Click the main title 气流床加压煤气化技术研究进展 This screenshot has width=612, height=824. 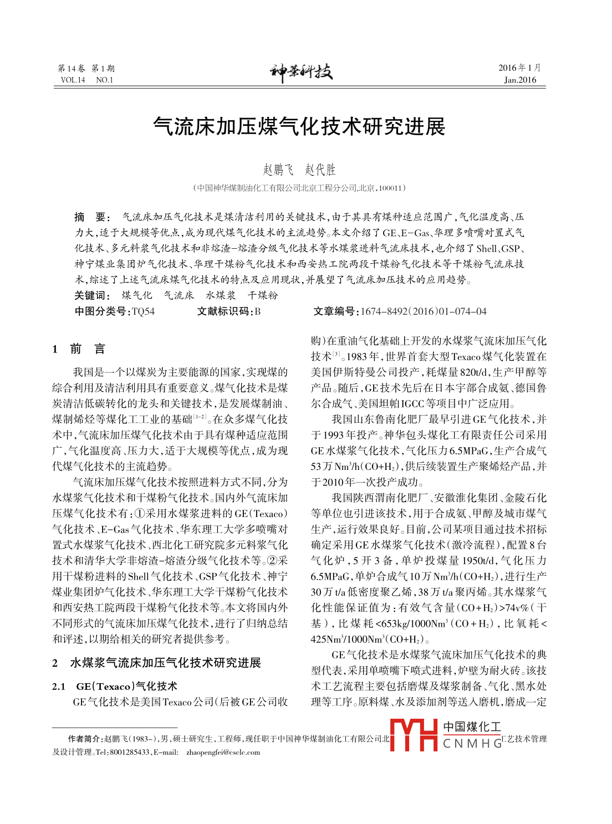coord(299,127)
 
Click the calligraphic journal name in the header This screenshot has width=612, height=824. coord(302,72)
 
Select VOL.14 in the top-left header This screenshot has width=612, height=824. coord(73,80)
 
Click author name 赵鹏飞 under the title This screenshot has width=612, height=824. coord(278,170)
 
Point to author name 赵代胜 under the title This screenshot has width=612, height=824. coord(320,170)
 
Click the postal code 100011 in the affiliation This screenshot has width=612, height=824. coord(390,188)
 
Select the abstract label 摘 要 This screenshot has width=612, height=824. coord(93,217)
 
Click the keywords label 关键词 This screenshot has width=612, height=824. coord(92,295)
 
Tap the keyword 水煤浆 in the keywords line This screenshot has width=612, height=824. coord(221,295)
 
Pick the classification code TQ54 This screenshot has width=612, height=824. coord(143,311)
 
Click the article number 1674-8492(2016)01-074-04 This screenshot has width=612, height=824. coord(423,311)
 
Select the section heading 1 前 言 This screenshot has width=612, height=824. coord(78,349)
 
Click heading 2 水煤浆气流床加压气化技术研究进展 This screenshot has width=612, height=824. coord(156,663)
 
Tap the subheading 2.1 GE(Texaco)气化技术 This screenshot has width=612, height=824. coord(114,687)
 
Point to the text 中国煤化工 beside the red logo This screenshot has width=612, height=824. coord(472,726)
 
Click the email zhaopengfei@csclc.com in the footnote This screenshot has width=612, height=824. coord(223,753)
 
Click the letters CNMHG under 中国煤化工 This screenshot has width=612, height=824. coord(472,744)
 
